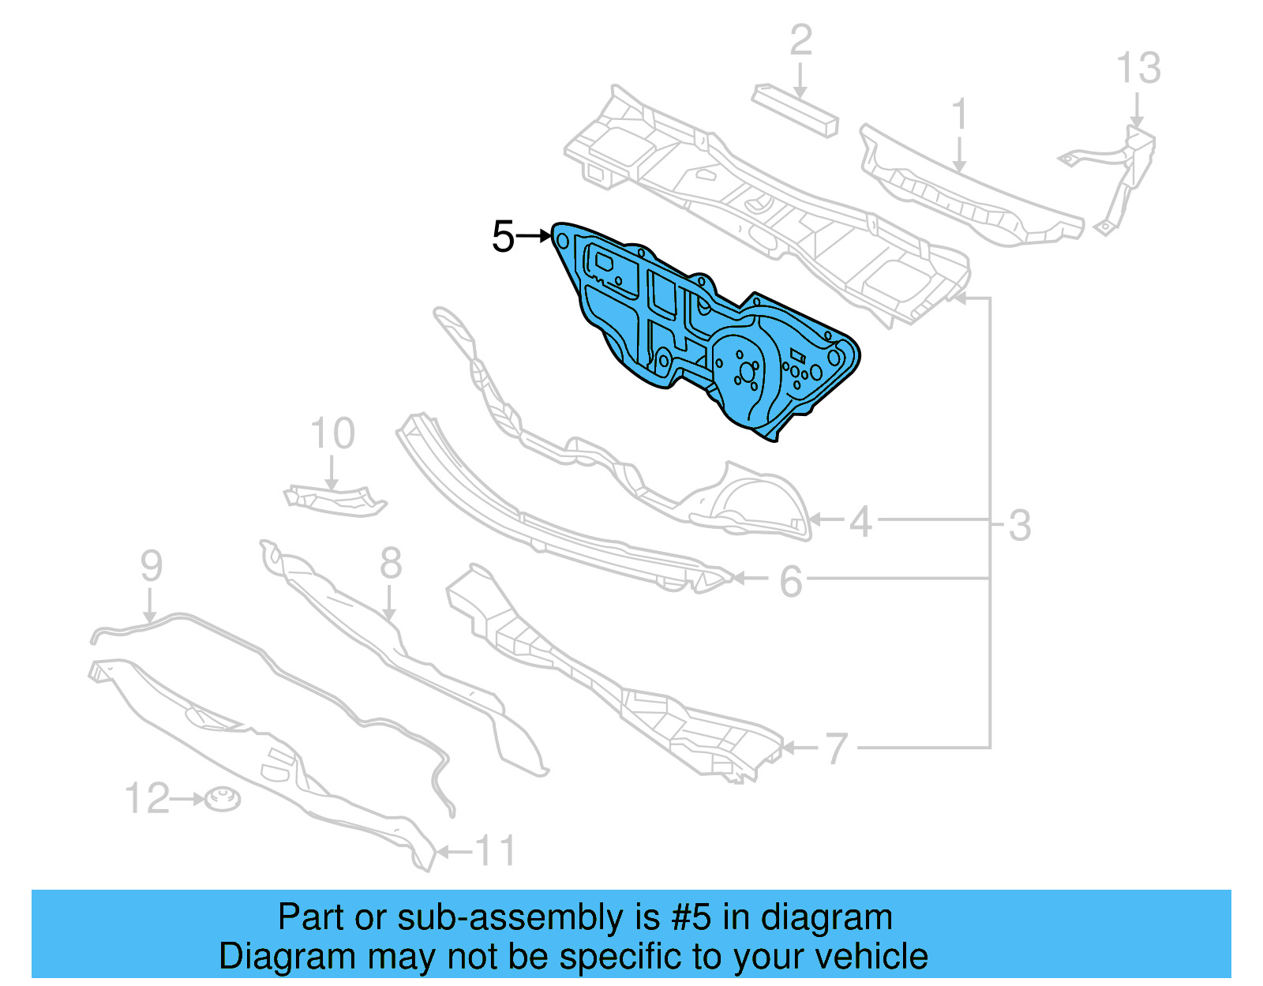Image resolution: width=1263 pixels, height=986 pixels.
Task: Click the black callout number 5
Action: [x=503, y=237]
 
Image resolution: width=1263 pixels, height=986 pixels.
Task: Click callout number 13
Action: [x=1138, y=69]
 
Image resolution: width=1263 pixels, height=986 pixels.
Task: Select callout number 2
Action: [x=800, y=39]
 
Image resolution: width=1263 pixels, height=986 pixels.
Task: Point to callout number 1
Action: [x=959, y=115]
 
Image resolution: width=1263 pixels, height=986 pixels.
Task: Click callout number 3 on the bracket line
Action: [x=1020, y=525]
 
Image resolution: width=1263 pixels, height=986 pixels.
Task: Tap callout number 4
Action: [x=860, y=522]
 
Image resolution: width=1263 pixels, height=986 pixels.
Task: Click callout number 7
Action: [x=836, y=748]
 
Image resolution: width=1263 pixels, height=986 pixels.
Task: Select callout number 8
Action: [x=391, y=564]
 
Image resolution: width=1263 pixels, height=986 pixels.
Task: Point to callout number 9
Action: [x=151, y=566]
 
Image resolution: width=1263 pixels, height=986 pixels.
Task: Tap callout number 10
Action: [x=332, y=433]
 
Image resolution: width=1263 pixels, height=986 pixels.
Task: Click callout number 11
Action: [x=496, y=852]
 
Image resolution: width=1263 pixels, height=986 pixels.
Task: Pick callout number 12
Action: [x=148, y=799]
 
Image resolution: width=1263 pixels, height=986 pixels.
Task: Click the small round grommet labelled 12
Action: [x=223, y=800]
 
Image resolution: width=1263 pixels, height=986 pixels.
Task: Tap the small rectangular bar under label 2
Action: [x=795, y=111]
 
